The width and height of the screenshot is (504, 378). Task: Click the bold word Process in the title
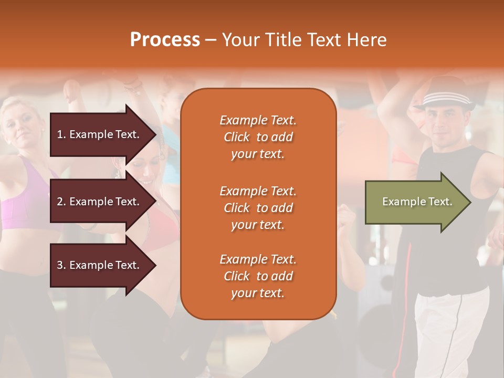[x=165, y=40]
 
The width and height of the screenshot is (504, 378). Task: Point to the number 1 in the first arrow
[x=60, y=134]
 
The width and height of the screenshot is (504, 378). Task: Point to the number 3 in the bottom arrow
[x=60, y=265]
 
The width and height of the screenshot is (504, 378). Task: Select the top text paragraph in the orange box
[x=258, y=137]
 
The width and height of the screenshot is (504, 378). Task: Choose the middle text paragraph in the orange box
[x=258, y=208]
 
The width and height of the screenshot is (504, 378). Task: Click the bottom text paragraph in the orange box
[x=258, y=276]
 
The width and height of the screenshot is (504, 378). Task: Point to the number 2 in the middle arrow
[x=60, y=202]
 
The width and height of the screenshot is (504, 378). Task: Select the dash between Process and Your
[x=211, y=40]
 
